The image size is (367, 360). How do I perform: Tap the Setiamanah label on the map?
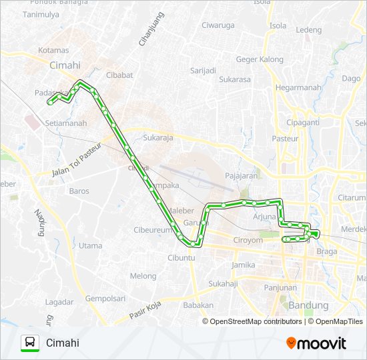[x=65, y=123]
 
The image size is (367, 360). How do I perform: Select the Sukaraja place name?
[x=158, y=139]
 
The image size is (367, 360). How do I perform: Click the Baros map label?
[x=79, y=191]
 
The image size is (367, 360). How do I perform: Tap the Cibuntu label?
[x=181, y=257]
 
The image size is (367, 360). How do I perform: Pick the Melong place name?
[x=143, y=276]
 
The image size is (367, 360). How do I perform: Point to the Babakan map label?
[x=198, y=305]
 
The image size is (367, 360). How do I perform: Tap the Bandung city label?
[x=308, y=305]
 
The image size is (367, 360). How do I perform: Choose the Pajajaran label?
[x=242, y=176]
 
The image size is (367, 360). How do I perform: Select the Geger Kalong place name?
[x=260, y=59]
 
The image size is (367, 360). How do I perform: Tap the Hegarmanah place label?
[x=298, y=87]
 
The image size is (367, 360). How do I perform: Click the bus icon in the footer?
[x=30, y=343]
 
